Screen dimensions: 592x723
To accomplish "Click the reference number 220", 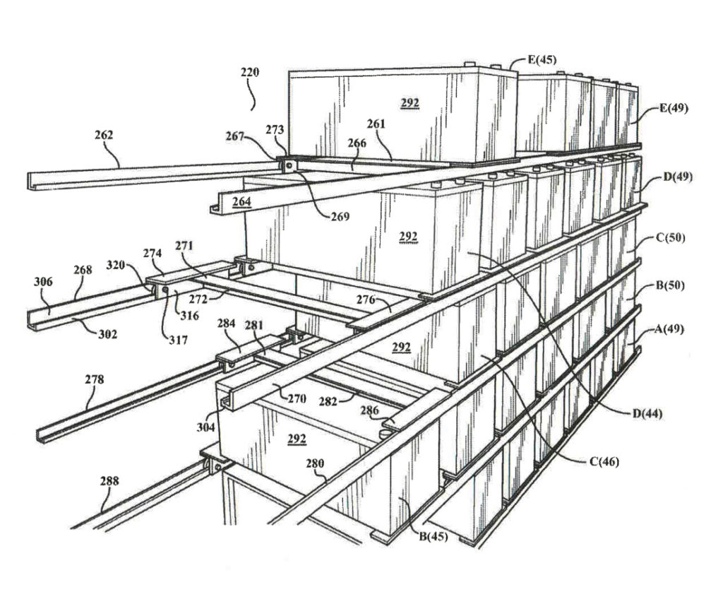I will point(249,72).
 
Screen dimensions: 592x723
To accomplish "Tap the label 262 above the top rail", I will point(104,135).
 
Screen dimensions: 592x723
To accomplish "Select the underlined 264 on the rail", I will point(241,202).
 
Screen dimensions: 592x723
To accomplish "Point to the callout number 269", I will point(340,217).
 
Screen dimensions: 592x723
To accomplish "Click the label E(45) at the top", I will point(542,60).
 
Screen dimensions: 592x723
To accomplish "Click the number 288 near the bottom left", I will point(109,481).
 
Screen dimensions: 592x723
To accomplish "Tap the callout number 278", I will point(94,379).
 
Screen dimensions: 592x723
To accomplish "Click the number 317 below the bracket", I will point(178,340).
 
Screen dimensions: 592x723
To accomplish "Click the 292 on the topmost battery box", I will point(410,103).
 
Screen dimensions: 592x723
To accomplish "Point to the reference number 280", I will point(314,464).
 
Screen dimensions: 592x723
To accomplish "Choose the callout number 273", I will point(275,129).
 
